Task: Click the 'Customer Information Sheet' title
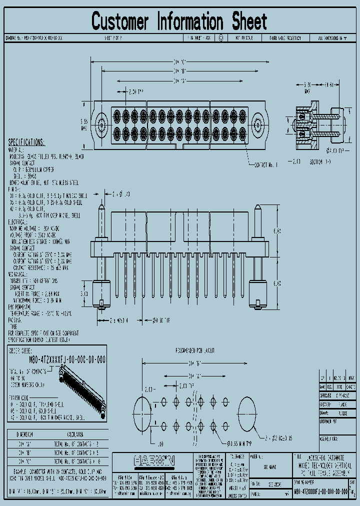[179, 21]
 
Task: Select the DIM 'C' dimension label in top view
[180, 61]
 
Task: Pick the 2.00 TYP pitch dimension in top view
[133, 92]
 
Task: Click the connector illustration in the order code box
[82, 390]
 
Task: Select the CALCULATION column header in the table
[75, 434]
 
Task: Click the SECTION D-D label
[320, 162]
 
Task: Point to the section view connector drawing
[314, 125]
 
